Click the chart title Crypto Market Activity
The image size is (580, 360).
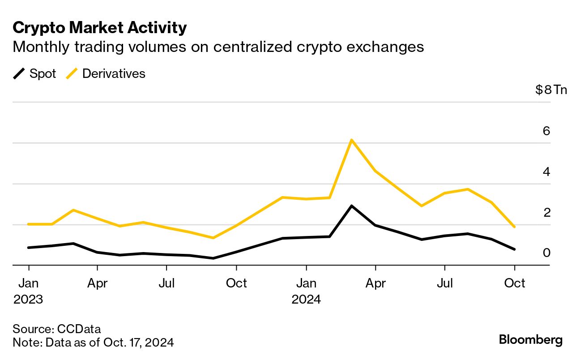[x=99, y=28]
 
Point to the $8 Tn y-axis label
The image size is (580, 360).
[x=551, y=90]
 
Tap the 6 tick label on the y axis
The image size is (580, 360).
[x=546, y=131]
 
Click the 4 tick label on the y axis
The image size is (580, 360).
[x=546, y=172]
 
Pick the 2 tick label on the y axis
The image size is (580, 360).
[x=546, y=213]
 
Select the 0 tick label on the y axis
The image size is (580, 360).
[x=546, y=253]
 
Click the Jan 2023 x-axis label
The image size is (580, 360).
[x=28, y=291]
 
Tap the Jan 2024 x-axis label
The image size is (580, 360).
[x=306, y=291]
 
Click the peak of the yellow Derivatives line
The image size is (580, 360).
[x=352, y=140]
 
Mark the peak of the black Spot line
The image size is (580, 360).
[x=352, y=206]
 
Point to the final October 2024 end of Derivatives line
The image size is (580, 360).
[x=515, y=227]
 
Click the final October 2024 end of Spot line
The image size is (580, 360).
[x=515, y=249]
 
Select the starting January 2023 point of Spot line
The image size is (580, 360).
[x=29, y=248]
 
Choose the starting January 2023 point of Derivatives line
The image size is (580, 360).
[x=29, y=224]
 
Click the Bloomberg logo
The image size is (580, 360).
[x=531, y=340]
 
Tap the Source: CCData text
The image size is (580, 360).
[x=57, y=329]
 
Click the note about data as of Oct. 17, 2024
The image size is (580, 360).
[x=93, y=343]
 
